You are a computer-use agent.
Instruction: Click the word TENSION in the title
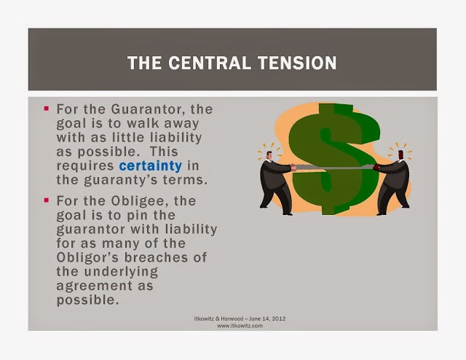click(x=297, y=63)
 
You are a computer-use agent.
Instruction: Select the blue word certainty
click(x=151, y=166)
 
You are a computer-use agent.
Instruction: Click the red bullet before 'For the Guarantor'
click(x=46, y=109)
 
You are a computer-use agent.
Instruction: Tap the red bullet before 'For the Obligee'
click(x=46, y=200)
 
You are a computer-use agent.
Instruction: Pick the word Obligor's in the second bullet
click(x=87, y=257)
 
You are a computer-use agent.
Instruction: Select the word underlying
click(x=121, y=272)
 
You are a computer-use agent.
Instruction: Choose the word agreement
click(x=95, y=286)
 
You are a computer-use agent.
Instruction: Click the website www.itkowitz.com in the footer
click(x=240, y=326)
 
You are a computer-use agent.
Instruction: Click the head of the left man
click(x=269, y=155)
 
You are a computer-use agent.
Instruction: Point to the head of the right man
click(x=400, y=155)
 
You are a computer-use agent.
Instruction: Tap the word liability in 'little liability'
click(x=176, y=138)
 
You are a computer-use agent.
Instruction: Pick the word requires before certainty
click(x=85, y=166)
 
